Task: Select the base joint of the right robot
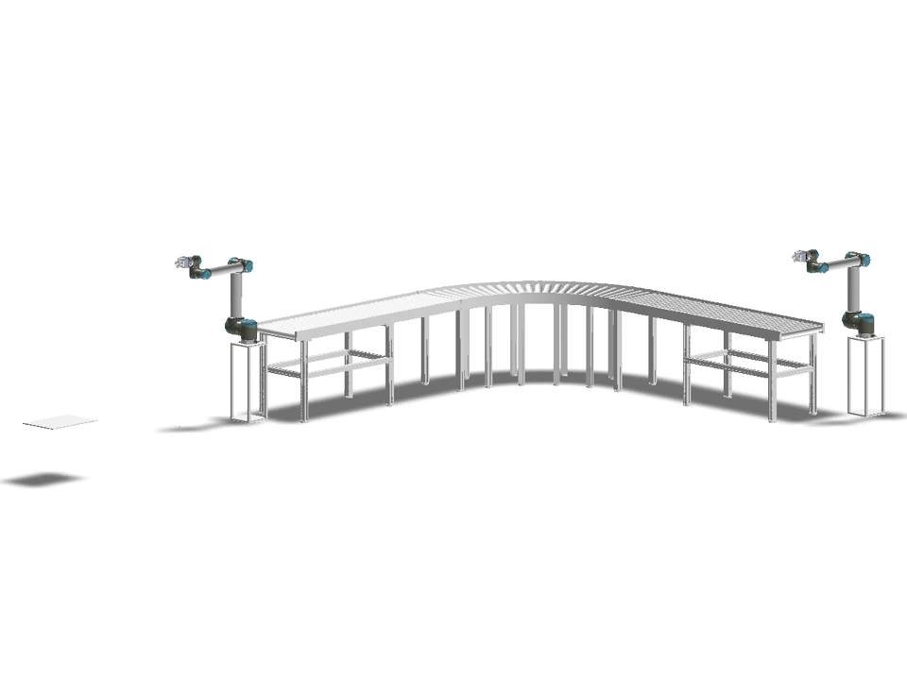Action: (859, 320)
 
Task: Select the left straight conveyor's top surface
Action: (359, 313)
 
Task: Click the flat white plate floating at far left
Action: (60, 422)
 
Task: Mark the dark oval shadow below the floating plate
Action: (43, 480)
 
